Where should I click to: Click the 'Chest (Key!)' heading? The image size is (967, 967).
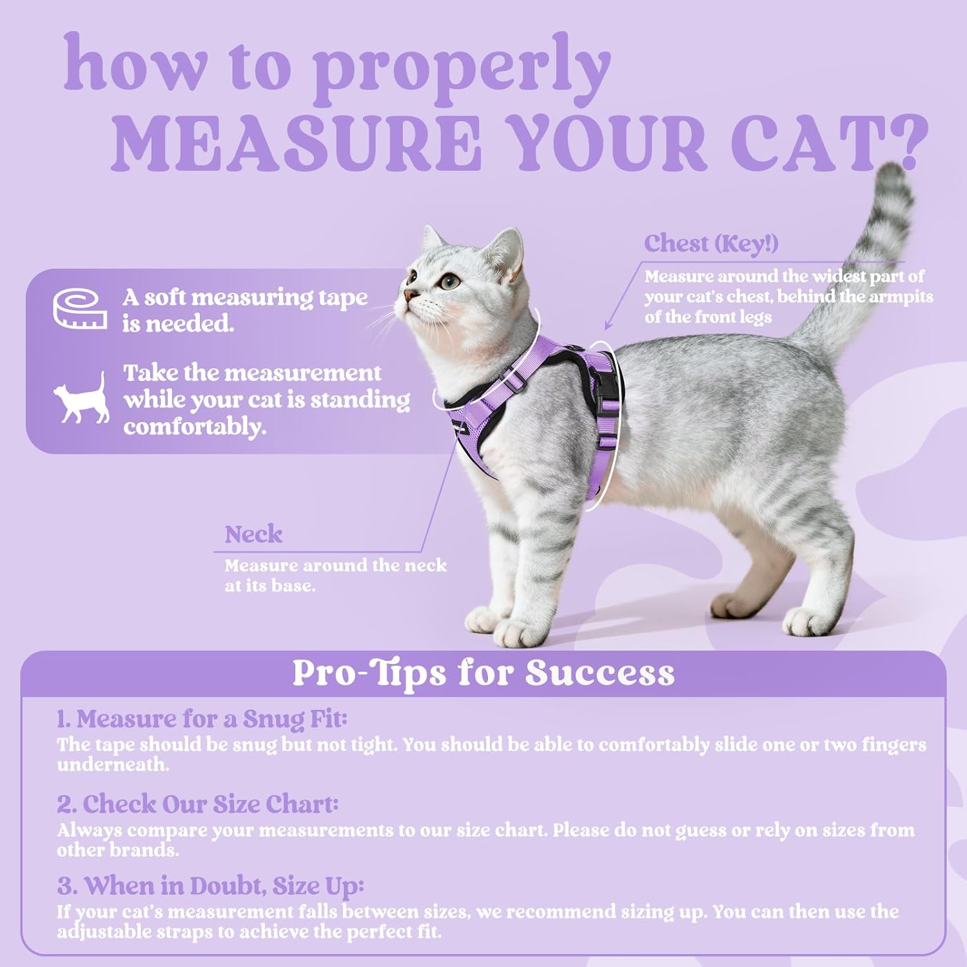click(711, 244)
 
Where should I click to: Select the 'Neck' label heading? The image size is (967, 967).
click(253, 534)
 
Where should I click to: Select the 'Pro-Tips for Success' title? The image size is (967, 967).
click(483, 672)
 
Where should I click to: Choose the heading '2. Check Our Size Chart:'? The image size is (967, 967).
click(197, 803)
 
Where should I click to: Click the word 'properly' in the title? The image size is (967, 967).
click(462, 68)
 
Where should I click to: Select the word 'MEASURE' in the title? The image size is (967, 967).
click(297, 143)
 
